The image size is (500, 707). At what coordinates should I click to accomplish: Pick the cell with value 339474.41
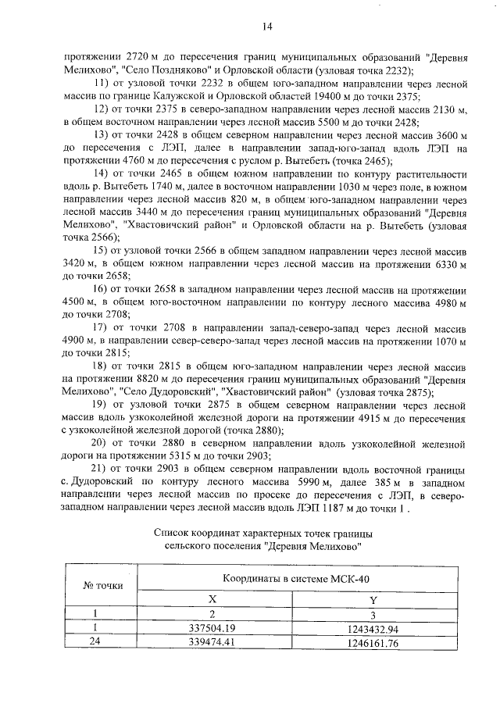click(212, 643)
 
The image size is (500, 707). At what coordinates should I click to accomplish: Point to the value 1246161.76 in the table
click(372, 643)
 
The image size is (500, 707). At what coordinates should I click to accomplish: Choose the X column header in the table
click(212, 598)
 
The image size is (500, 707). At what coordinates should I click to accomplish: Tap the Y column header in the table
click(372, 598)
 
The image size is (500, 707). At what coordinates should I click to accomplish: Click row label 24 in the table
click(94, 643)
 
